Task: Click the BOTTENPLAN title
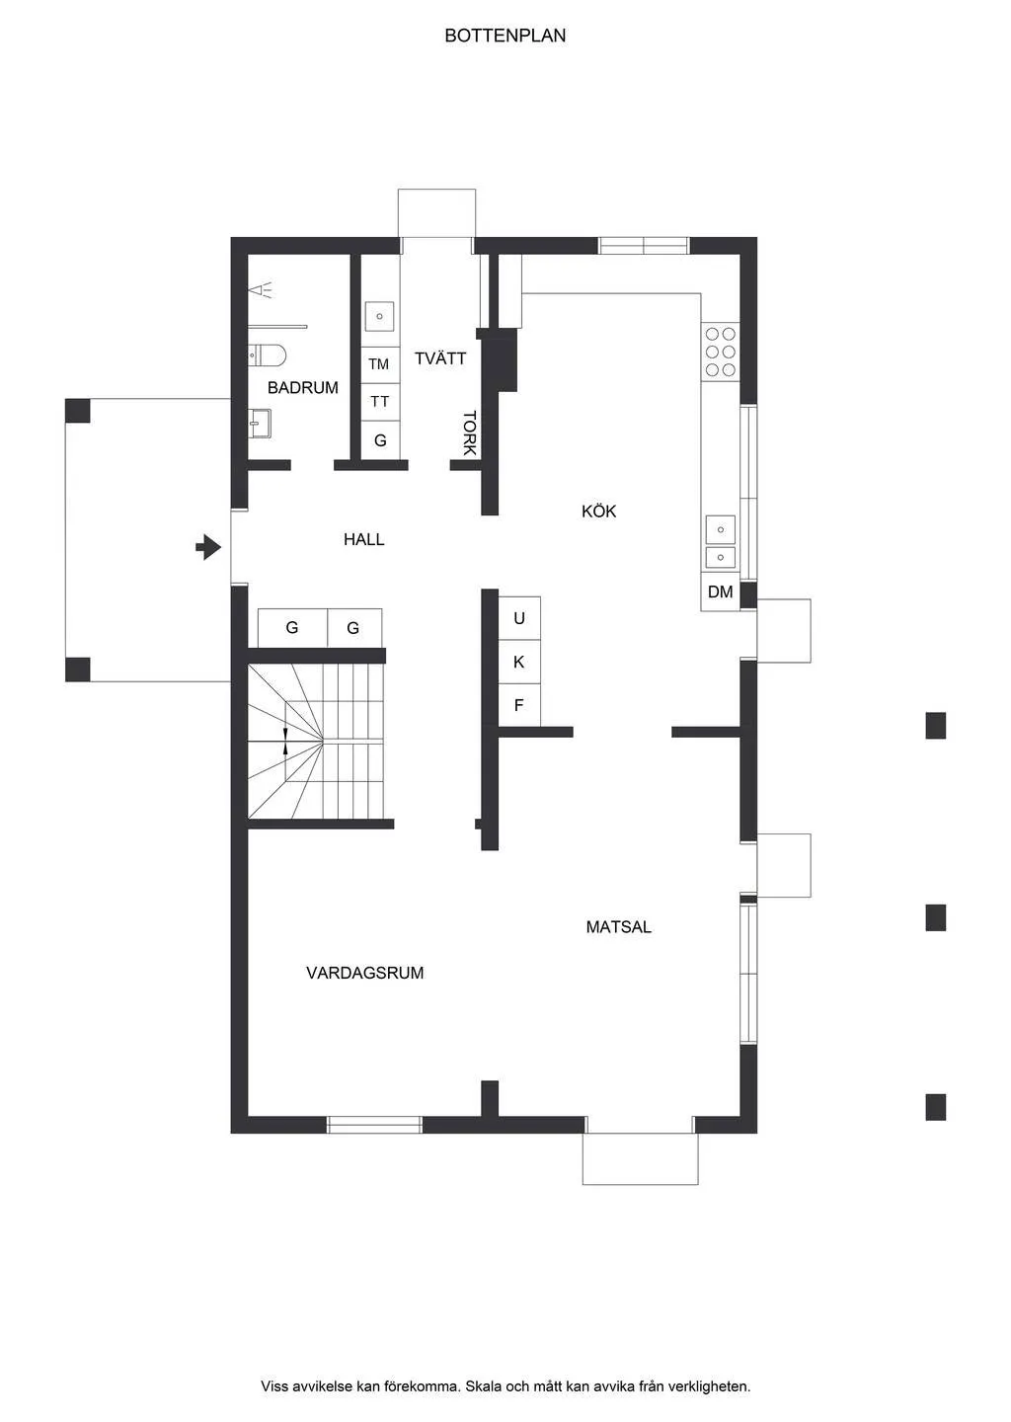pyautogui.click(x=505, y=36)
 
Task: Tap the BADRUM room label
pyautogui.click(x=302, y=388)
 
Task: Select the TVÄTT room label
pyautogui.click(x=439, y=358)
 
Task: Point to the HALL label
pyautogui.click(x=363, y=539)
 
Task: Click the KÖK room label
pyautogui.click(x=598, y=511)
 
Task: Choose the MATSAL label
pyautogui.click(x=618, y=927)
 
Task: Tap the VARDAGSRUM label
pyautogui.click(x=364, y=973)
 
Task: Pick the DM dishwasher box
pyautogui.click(x=720, y=592)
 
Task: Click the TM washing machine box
pyautogui.click(x=379, y=364)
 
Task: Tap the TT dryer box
pyautogui.click(x=379, y=402)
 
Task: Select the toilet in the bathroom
pyautogui.click(x=268, y=354)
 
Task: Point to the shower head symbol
pyautogui.click(x=261, y=289)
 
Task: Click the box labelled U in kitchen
pyautogui.click(x=519, y=619)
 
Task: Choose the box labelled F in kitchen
pyautogui.click(x=519, y=706)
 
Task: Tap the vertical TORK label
pyautogui.click(x=470, y=433)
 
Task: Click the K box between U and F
pyautogui.click(x=519, y=663)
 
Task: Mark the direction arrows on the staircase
pyautogui.click(x=285, y=741)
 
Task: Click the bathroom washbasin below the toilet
pyautogui.click(x=260, y=424)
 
